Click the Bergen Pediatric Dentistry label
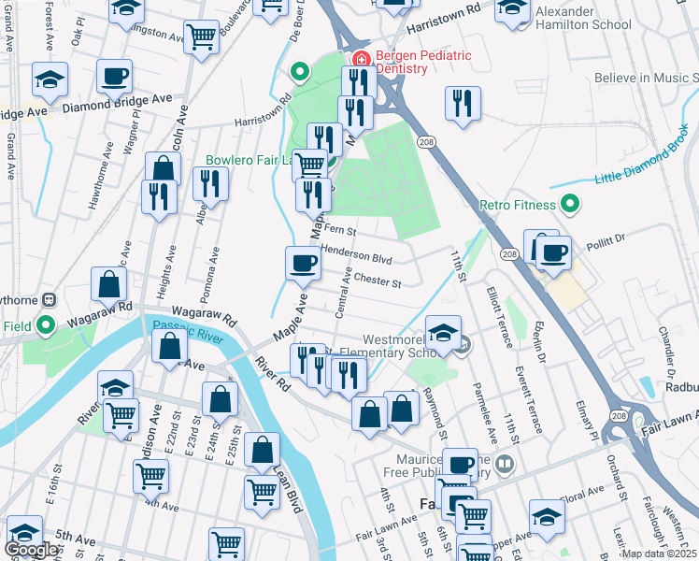(x=423, y=62)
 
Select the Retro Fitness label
(x=518, y=204)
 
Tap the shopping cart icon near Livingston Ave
(x=202, y=37)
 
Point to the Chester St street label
(x=377, y=280)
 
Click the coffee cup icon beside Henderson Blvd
(x=303, y=263)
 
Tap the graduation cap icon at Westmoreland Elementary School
(x=443, y=332)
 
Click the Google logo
(x=31, y=550)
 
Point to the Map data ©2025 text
(x=660, y=554)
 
